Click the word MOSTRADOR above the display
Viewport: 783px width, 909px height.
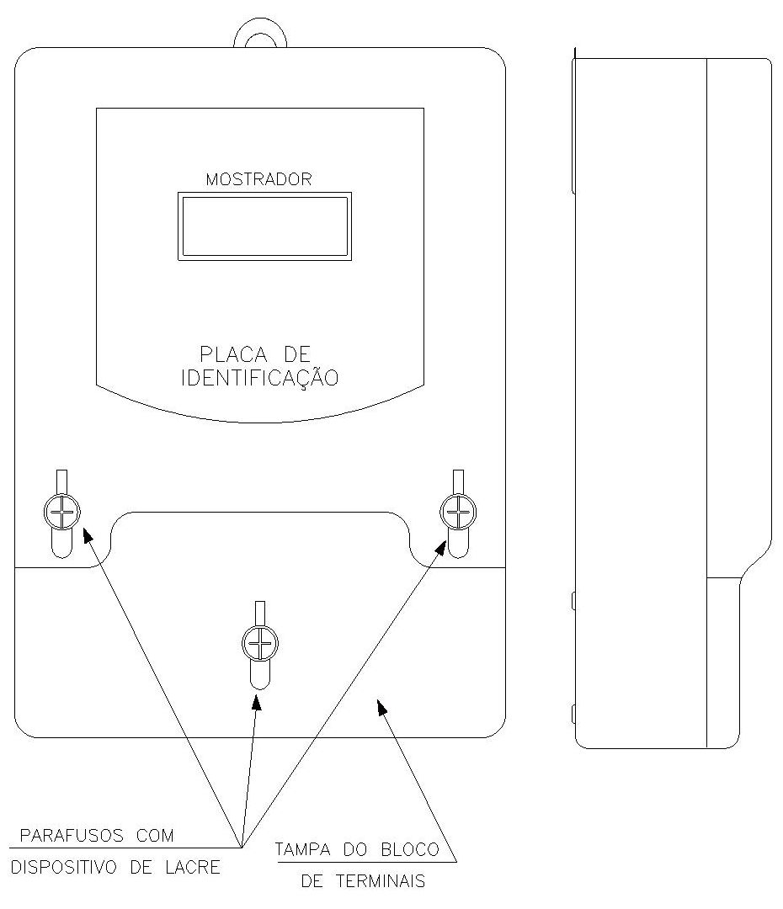tap(258, 179)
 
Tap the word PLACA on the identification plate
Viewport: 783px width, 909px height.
tap(233, 354)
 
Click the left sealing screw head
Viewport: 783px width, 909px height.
tap(61, 512)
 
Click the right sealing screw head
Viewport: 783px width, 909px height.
tap(458, 512)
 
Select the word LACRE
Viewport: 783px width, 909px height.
tap(193, 867)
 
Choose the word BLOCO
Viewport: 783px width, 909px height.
tap(410, 850)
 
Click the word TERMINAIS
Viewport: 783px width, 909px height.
tap(381, 881)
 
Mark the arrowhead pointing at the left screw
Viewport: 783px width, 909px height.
tap(88, 534)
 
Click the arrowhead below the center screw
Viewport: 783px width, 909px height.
tap(256, 701)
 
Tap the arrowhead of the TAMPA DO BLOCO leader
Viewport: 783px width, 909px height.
tap(381, 707)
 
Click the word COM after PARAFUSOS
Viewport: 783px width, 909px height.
tap(155, 836)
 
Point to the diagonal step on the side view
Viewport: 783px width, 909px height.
tap(756, 561)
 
